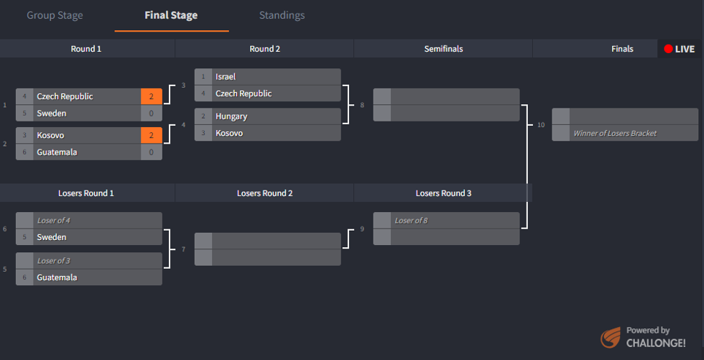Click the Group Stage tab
point(55,15)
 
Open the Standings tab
point(282,15)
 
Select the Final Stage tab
point(171,15)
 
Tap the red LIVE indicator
point(679,49)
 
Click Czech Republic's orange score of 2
point(151,96)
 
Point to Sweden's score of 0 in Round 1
point(151,114)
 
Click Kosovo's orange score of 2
point(151,135)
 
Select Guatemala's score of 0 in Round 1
point(151,152)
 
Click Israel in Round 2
point(226,77)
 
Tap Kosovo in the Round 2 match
point(229,134)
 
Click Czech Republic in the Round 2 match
point(244,93)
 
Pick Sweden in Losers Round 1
point(52,237)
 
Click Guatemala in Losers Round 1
point(57,277)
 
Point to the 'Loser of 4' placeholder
point(53,221)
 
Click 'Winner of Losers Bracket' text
point(614,133)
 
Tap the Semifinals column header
point(443,49)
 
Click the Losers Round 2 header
point(264,193)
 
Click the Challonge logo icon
point(611,337)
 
